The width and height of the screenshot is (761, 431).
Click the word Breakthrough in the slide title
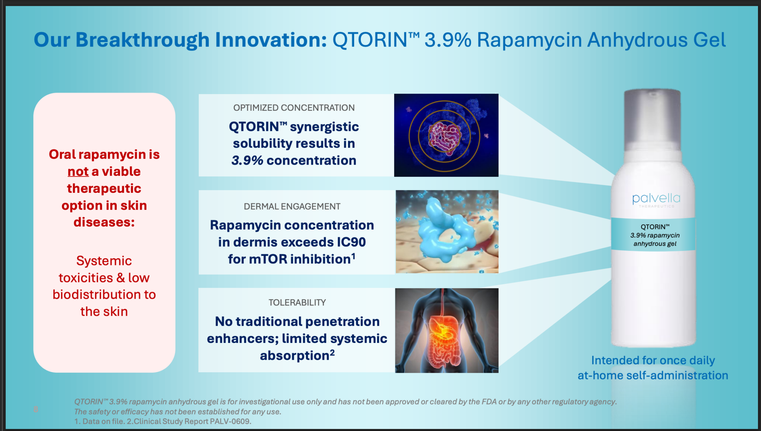142,40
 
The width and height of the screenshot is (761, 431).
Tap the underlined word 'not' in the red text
78,171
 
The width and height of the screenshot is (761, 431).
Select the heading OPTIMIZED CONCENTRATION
294,108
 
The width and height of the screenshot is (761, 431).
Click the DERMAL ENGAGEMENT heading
292,207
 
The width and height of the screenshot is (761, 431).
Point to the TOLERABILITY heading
297,302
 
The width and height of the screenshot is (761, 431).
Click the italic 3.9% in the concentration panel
247,161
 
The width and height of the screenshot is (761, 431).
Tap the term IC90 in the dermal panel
352,242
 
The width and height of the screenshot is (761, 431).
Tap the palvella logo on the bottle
656,200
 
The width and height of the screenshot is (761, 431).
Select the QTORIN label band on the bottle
653,234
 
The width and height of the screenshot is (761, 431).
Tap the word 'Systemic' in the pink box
104,261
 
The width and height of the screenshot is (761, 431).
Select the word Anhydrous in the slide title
638,40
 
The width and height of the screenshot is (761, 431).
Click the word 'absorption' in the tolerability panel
295,356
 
